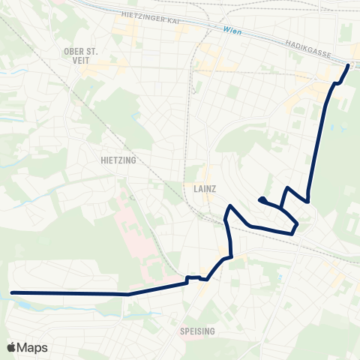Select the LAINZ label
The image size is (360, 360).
pos(203,189)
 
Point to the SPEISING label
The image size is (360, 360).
pos(198,331)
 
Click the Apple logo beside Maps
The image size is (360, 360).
pos(12,347)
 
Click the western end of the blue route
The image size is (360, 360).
pos(12,292)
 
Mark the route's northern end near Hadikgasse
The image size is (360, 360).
pos(348,66)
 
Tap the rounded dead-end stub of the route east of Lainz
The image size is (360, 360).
pos(260,199)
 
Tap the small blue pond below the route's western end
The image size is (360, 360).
pos(30,304)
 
